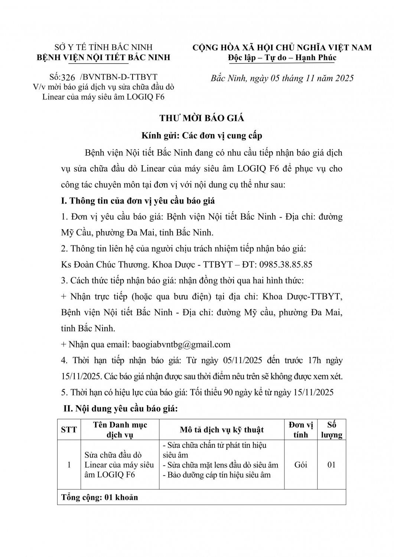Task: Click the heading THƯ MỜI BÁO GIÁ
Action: [x=202, y=118]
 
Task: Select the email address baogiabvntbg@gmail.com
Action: [x=181, y=344]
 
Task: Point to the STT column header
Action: [x=69, y=430]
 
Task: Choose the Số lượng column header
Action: [x=332, y=430]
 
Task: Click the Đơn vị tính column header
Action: [x=300, y=430]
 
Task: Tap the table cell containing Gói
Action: [x=300, y=465]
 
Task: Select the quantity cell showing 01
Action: [x=332, y=465]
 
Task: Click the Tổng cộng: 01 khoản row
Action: [x=100, y=497]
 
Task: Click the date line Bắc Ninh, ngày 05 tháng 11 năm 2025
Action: [x=282, y=78]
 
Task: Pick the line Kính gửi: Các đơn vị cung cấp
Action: [x=202, y=136]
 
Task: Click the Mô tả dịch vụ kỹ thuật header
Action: [x=222, y=430]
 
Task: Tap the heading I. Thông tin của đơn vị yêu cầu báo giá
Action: [x=138, y=201]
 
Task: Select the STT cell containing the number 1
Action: [x=69, y=465]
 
